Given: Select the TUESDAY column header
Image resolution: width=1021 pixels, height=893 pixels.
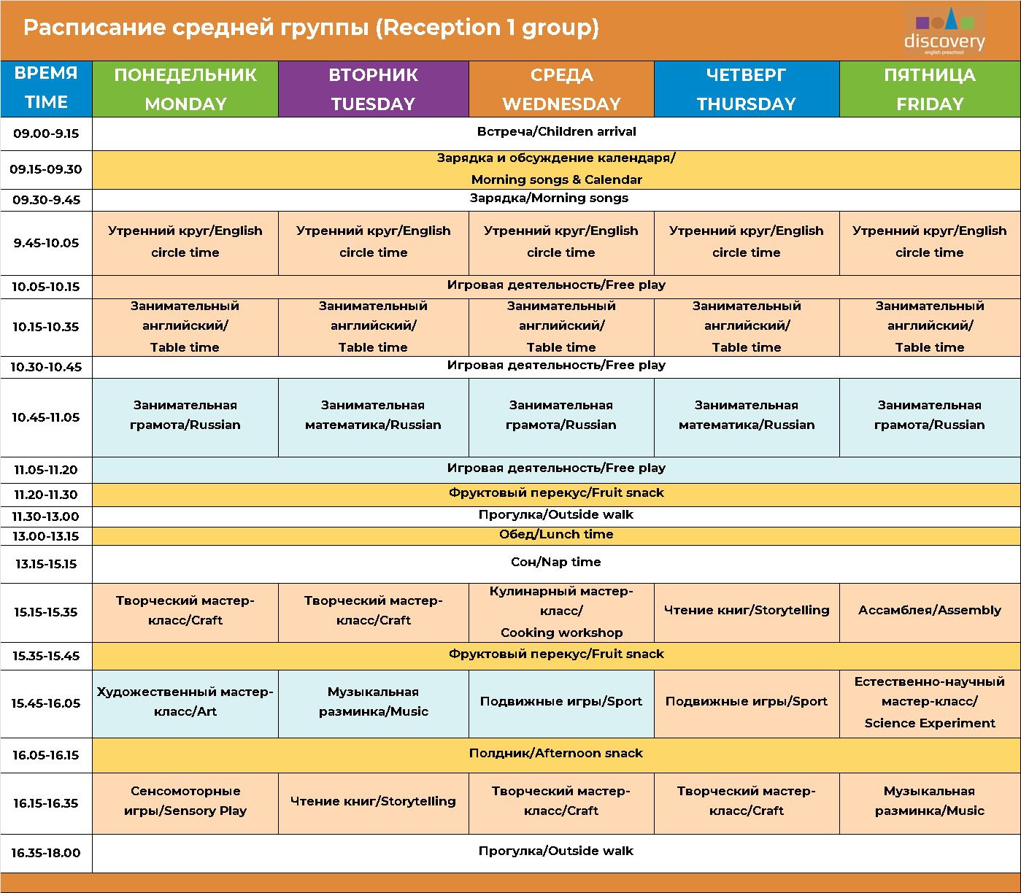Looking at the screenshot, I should [373, 89].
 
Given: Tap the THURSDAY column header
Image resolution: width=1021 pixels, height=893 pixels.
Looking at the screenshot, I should [746, 89].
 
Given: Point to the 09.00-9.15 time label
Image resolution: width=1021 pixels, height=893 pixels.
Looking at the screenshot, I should [46, 134].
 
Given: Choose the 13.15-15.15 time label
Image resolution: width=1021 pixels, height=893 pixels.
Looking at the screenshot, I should [46, 564].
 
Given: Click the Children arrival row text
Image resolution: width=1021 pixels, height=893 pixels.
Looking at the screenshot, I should [556, 132].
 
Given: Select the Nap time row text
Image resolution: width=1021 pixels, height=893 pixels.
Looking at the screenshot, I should [556, 562].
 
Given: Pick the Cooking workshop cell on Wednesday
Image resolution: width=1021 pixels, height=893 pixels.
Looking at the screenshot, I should [561, 612].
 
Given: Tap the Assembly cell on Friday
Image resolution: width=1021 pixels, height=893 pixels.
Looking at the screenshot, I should [929, 610].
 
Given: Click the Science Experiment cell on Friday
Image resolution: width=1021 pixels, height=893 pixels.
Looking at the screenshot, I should [929, 703].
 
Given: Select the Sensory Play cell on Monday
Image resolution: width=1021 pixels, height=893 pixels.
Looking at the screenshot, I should [185, 801].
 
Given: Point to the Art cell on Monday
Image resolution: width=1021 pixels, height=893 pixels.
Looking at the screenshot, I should [185, 702].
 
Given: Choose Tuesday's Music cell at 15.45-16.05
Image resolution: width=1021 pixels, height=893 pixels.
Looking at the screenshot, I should [373, 702].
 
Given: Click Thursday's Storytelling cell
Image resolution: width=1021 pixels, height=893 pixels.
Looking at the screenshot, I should [746, 610].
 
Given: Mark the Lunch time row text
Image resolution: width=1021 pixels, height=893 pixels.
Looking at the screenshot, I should [556, 535].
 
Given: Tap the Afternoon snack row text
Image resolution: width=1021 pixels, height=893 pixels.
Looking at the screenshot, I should [556, 753].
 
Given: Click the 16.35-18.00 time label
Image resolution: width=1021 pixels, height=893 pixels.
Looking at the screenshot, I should [46, 853].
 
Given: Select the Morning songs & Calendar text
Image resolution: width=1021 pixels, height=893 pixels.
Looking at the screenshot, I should [556, 179].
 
